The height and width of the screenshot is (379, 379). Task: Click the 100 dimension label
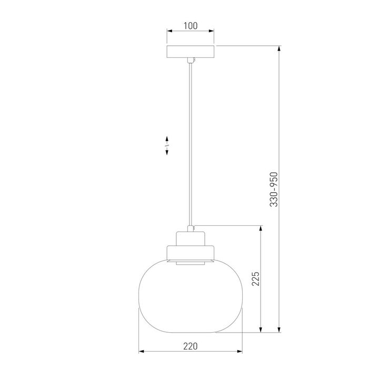[191, 26]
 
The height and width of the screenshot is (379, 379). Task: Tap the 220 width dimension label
[190, 346]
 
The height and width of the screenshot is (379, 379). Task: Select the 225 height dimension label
[255, 278]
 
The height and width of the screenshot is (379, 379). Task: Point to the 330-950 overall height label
[274, 189]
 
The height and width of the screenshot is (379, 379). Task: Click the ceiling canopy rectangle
[191, 52]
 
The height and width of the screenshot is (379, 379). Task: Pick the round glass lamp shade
[191, 296]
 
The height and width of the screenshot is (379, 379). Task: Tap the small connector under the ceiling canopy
[191, 60]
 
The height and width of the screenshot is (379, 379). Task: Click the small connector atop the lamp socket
[191, 228]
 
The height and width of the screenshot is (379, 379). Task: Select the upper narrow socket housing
[191, 238]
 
